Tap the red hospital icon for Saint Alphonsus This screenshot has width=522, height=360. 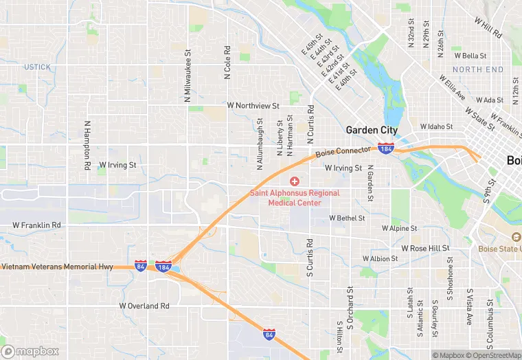(x=295, y=181)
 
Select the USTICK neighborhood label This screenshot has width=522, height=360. (x=37, y=67)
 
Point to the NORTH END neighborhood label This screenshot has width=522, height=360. (x=477, y=70)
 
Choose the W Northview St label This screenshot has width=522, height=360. (x=253, y=106)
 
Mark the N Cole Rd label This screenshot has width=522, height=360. (x=227, y=63)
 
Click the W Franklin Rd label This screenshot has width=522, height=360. (x=36, y=225)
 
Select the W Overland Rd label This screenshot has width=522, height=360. (x=144, y=306)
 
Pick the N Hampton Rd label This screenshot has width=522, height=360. (x=87, y=146)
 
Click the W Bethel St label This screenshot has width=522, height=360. (x=347, y=218)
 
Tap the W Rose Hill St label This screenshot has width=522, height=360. (x=425, y=248)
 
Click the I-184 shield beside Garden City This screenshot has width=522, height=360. (x=386, y=148)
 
